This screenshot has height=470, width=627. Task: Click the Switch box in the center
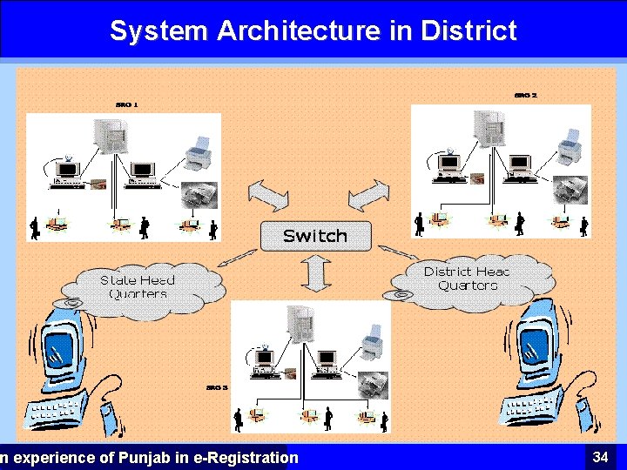pos(315,235)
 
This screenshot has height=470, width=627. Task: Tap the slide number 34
pos(600,457)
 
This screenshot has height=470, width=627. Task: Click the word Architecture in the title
pos(298,31)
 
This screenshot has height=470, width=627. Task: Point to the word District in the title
pos(469,31)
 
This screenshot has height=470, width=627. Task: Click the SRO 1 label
pos(126,104)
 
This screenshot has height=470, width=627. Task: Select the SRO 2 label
pos(525,95)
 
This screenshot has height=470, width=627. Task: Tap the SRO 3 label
pos(217,387)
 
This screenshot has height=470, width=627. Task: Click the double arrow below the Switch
pos(315,274)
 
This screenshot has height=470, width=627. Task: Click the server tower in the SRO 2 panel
pos(489,125)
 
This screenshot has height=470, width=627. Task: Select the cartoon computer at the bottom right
pos(540,361)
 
